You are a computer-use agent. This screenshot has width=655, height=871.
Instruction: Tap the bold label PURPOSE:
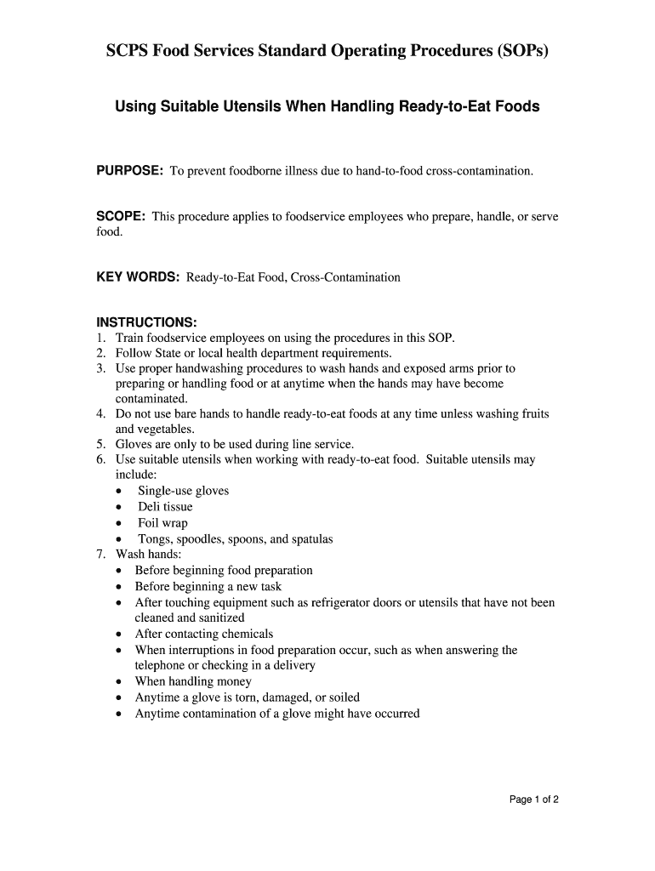point(129,171)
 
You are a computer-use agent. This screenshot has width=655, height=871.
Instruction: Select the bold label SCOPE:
point(120,217)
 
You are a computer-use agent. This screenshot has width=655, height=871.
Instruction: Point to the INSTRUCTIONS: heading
point(146,322)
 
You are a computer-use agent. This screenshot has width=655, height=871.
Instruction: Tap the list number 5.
point(100,444)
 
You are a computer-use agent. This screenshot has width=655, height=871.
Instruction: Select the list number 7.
point(100,554)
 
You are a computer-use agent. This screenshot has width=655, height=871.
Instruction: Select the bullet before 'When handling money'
point(119,682)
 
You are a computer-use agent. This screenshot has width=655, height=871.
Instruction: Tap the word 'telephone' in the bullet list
point(162,665)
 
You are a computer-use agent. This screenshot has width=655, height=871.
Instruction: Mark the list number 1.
point(100,338)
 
